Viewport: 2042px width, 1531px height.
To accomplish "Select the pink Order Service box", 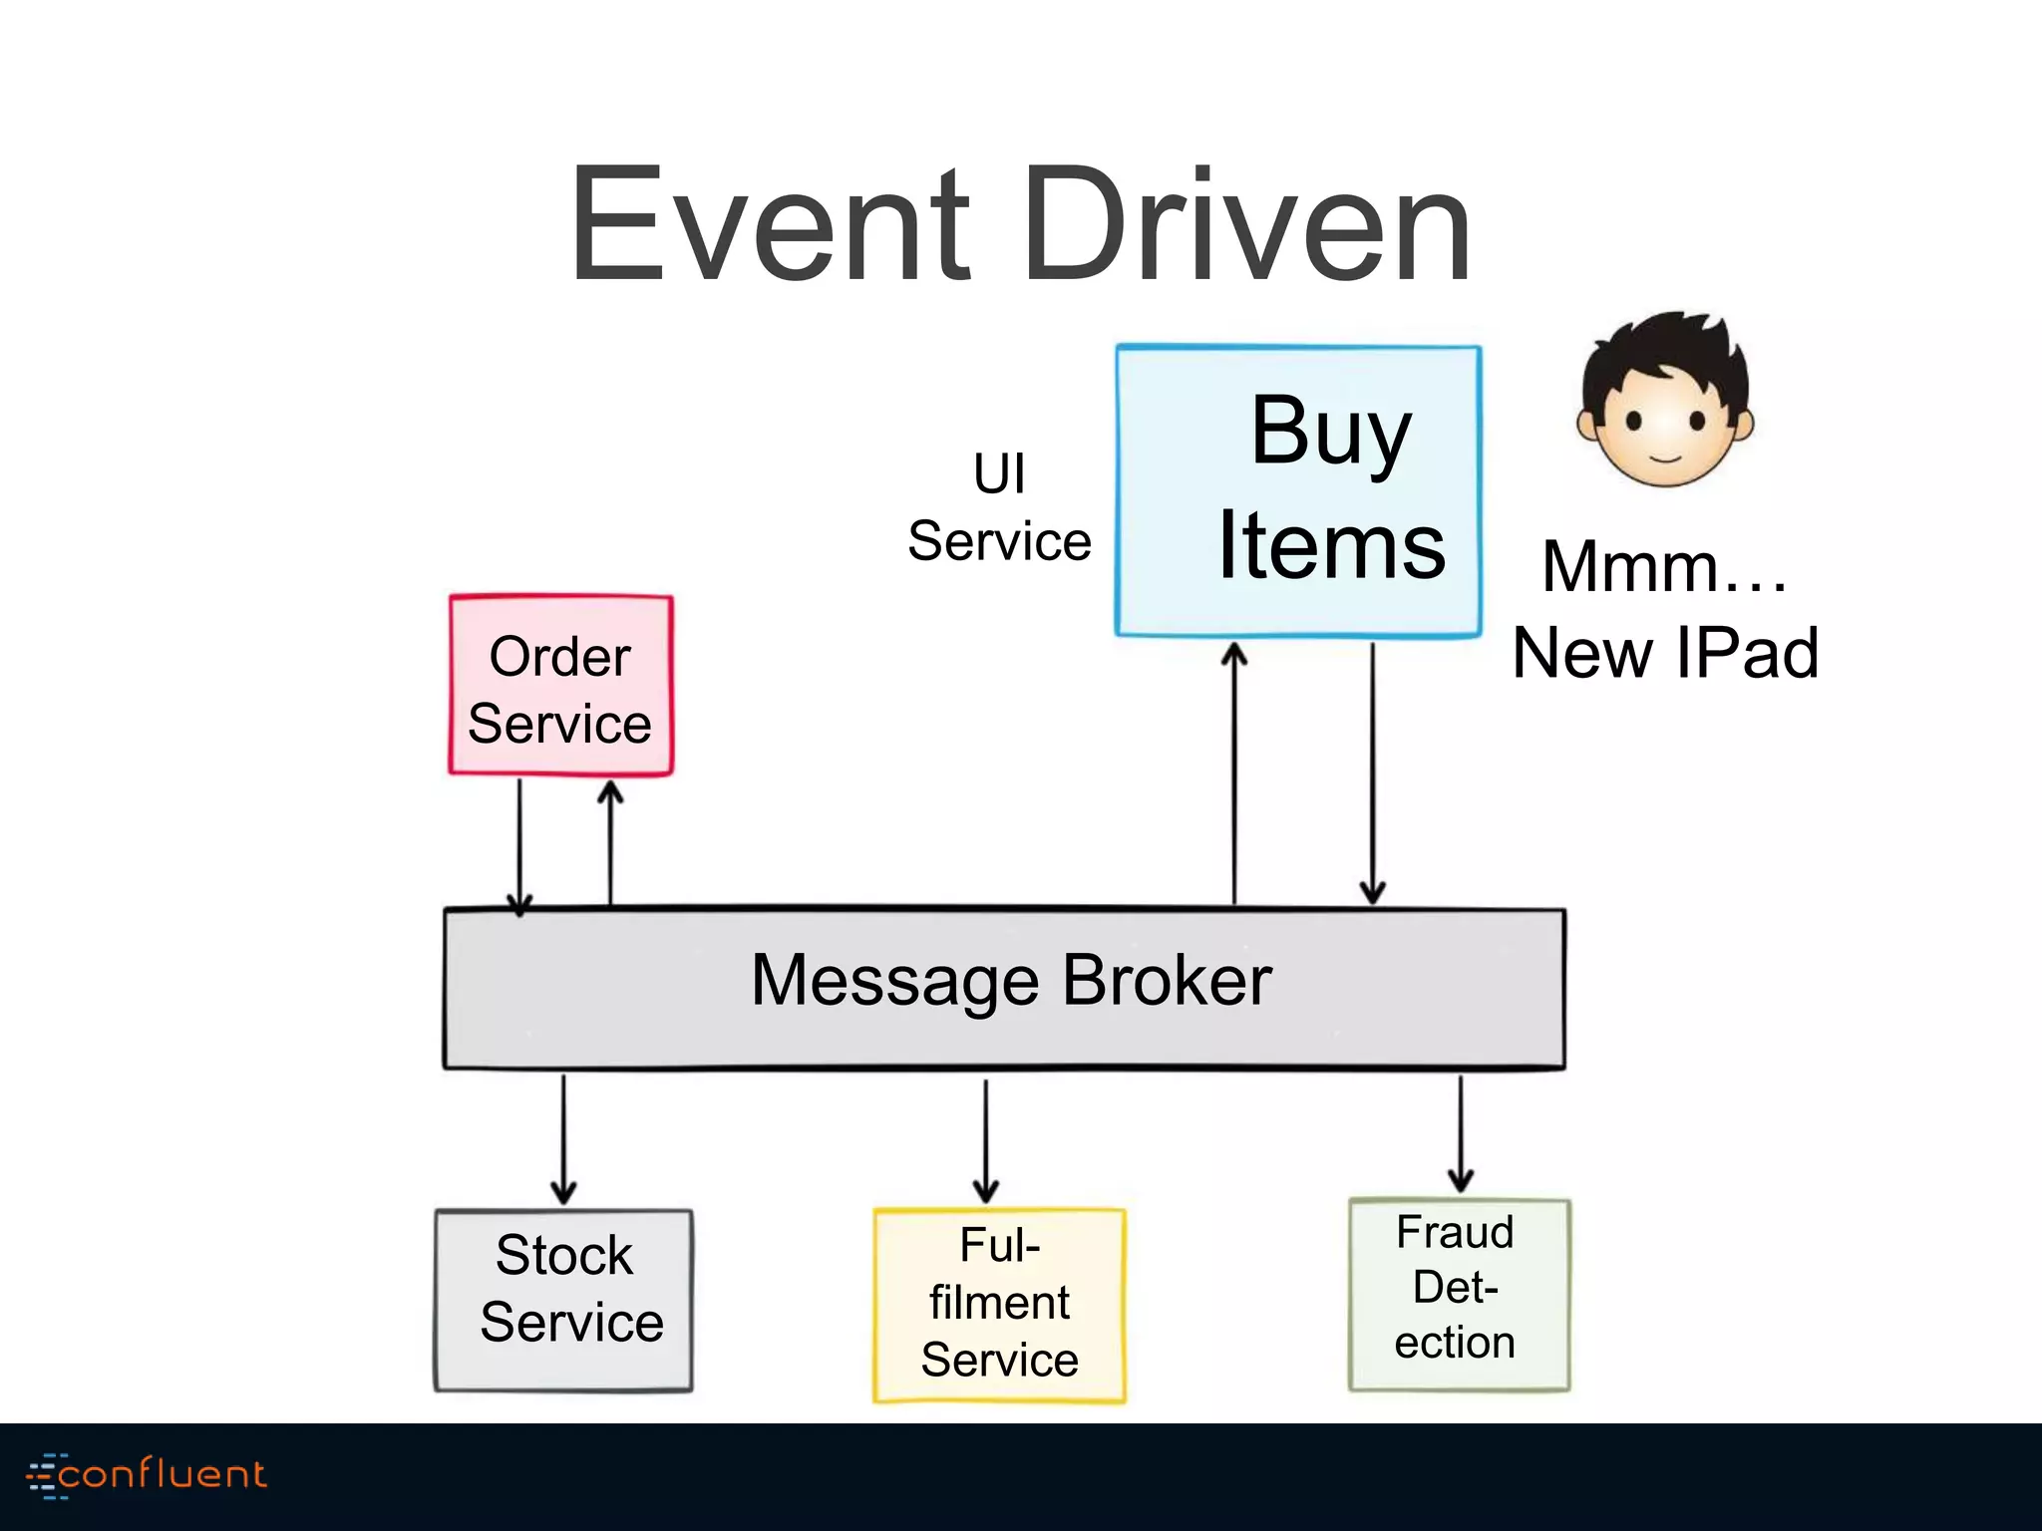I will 560,687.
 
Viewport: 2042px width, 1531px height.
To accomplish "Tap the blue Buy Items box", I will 1298,490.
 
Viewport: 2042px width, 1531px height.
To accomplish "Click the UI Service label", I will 999,508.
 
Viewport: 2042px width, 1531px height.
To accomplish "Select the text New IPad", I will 1664,653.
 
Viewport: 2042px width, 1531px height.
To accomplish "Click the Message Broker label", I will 1010,981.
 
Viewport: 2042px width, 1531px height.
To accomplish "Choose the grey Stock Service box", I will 564,1300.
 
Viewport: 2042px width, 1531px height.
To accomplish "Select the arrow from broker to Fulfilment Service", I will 986,1140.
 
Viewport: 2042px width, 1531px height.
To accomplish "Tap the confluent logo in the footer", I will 148,1474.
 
